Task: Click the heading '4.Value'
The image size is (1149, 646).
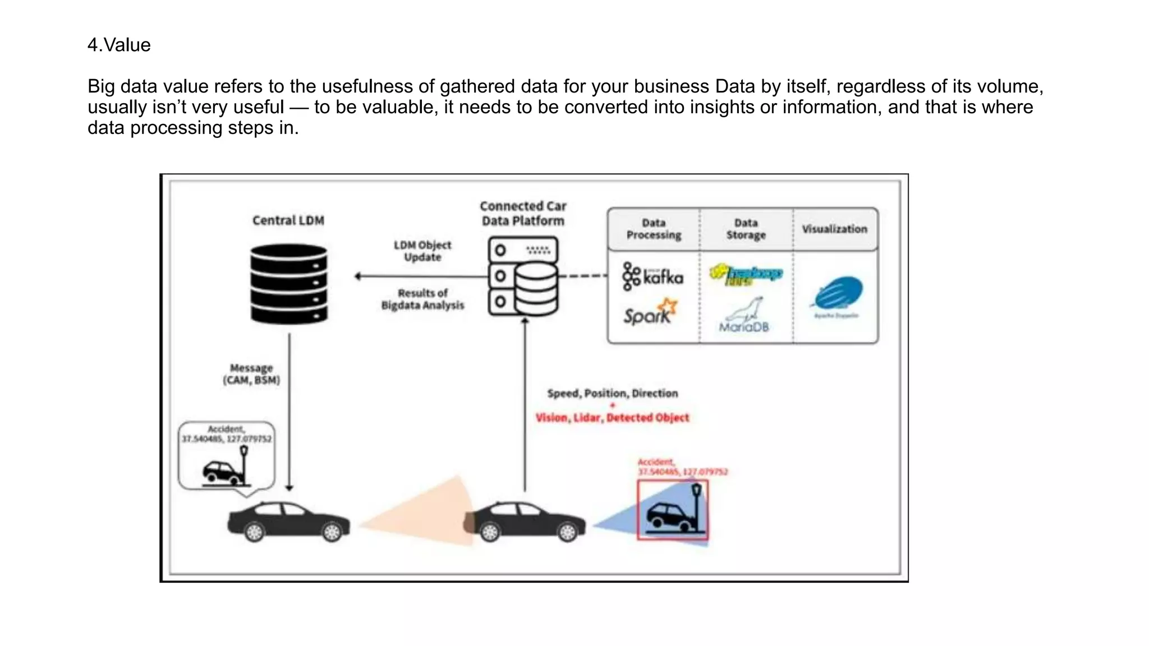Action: click(119, 45)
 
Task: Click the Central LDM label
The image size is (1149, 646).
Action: click(288, 220)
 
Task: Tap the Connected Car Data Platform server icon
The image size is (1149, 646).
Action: click(523, 276)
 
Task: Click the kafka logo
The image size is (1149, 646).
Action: click(653, 276)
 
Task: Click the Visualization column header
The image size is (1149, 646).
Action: click(834, 229)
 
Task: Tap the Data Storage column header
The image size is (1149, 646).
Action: click(746, 229)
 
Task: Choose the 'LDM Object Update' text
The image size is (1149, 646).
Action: click(422, 251)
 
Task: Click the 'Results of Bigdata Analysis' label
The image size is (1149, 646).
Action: click(422, 299)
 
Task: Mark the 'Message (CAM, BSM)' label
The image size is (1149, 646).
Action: click(251, 374)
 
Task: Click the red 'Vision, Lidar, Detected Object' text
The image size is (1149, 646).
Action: click(612, 418)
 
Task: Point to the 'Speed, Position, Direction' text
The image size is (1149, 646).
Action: click(612, 393)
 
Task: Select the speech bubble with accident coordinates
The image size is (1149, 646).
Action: click(226, 455)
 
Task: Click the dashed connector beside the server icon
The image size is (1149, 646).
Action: click(582, 276)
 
